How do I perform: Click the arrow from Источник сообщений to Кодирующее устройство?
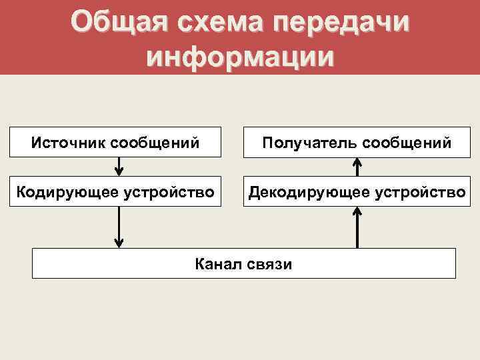pos(119,165)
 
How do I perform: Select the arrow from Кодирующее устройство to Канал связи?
pos(119,227)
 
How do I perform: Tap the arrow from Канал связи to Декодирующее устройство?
pos(357,227)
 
